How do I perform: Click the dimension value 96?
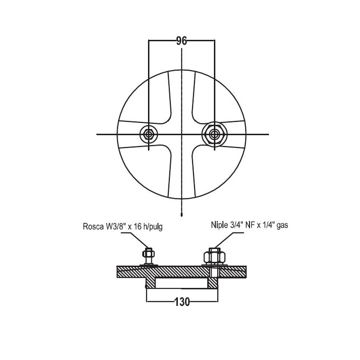coord(182,41)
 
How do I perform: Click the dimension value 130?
coord(182,302)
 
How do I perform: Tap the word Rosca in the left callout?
coord(93,227)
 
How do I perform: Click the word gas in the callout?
coord(282,225)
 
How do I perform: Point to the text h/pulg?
coord(152,227)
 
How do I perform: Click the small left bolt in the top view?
coord(148,134)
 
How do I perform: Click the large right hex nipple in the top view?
coord(214,134)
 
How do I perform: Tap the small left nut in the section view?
coord(148,254)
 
